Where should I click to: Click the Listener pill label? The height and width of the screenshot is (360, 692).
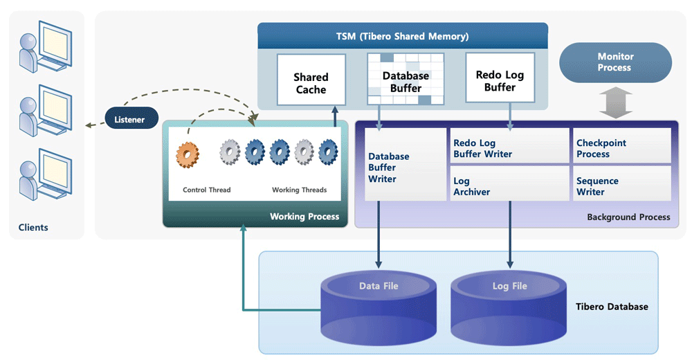[129, 119]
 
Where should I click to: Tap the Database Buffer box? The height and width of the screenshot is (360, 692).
[406, 82]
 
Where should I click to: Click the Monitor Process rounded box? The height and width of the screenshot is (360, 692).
[614, 62]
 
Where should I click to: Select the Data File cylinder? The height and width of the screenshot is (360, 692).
[379, 305]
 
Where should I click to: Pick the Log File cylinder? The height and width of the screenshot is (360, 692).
[510, 305]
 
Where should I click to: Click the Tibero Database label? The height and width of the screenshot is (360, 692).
[612, 306]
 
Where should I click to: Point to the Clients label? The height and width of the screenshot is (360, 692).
[34, 227]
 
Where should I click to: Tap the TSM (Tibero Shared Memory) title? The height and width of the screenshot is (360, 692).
[403, 36]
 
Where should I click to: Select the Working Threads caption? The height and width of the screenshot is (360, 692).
[299, 190]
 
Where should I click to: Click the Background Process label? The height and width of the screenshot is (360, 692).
[628, 217]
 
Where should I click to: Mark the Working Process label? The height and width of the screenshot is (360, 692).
[304, 217]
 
